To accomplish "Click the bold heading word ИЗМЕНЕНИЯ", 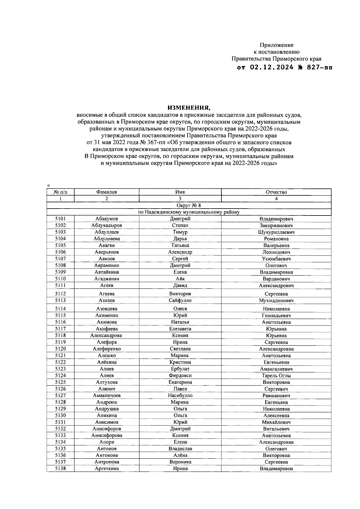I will [189, 107].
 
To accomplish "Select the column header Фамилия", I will [106, 192].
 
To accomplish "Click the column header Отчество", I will [276, 192].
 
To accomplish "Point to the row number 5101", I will [60, 219].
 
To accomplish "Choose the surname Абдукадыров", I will [106, 225].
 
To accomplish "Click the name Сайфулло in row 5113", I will [180, 300].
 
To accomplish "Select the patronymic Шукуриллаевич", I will [276, 232].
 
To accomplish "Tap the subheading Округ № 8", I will [189, 206].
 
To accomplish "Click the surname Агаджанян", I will [106, 279].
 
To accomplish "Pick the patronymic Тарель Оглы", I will [276, 375].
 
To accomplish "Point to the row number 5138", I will [60, 468].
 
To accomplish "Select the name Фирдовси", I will [180, 375].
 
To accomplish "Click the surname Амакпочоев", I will [106, 396].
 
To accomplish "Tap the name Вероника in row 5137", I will [180, 462].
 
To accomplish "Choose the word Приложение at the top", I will [276, 45].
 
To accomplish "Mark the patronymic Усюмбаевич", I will [276, 259].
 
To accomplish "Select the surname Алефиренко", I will [106, 349].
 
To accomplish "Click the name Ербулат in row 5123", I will [180, 369].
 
